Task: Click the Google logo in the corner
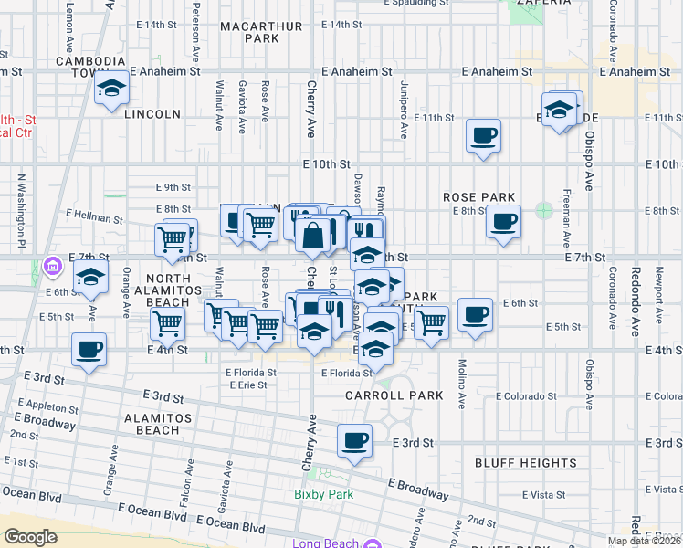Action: [30, 537]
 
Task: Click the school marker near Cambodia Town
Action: [111, 89]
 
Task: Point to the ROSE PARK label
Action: [479, 197]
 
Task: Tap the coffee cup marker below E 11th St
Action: [483, 136]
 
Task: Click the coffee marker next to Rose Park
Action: [502, 222]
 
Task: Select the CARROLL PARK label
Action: [394, 395]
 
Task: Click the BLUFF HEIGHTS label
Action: [525, 463]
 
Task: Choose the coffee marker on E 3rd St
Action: [354, 441]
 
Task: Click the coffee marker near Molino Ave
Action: [475, 315]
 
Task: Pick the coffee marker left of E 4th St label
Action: [89, 349]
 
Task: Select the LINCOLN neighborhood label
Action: [152, 114]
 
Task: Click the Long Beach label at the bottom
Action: [319, 544]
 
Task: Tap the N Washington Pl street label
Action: [17, 211]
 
